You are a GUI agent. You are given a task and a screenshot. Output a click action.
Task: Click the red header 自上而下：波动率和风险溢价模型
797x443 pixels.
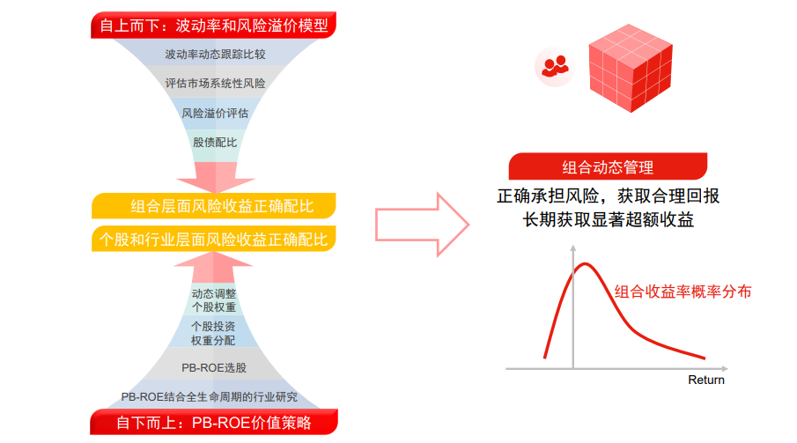click(214, 26)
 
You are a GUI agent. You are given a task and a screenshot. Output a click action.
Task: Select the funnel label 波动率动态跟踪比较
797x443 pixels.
click(215, 55)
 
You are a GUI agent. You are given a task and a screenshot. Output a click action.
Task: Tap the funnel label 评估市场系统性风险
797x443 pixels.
click(215, 84)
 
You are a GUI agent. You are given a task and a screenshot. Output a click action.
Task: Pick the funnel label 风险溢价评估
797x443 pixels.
click(215, 113)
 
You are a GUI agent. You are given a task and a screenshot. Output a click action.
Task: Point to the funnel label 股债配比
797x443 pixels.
click(215, 142)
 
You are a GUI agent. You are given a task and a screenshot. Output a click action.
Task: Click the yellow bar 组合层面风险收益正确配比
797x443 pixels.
click(215, 207)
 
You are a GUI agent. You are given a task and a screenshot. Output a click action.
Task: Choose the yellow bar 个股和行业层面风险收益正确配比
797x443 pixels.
click(215, 239)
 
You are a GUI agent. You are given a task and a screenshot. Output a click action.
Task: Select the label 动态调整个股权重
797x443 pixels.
click(214, 300)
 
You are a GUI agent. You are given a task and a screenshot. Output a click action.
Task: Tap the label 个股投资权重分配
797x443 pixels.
click(214, 333)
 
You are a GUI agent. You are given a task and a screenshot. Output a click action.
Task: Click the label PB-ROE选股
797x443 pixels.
click(214, 366)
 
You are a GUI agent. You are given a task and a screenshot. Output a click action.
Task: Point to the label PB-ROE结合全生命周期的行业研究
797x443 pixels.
click(215, 396)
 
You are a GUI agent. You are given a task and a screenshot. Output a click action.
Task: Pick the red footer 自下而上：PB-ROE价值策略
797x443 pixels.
click(214, 423)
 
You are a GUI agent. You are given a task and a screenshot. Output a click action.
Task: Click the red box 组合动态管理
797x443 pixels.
click(608, 166)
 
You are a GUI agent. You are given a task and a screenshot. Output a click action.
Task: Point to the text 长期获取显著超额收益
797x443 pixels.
click(608, 219)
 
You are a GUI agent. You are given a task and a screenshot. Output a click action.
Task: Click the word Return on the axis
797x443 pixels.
click(706, 380)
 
